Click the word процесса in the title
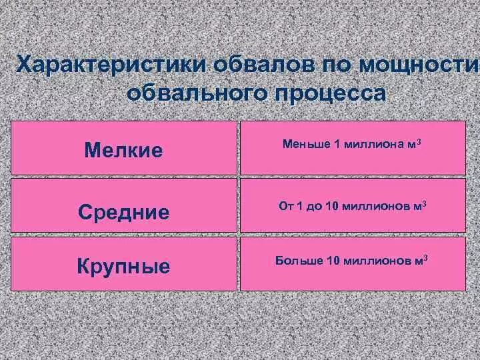click(x=329, y=93)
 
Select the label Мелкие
click(x=123, y=149)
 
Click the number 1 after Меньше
click(x=338, y=144)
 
